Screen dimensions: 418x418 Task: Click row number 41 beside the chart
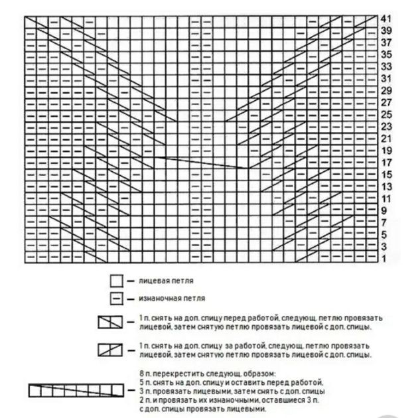[387, 19]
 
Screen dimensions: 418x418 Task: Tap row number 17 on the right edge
[387, 162]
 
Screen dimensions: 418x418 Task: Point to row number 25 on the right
[387, 114]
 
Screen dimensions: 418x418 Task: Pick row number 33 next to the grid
[387, 66]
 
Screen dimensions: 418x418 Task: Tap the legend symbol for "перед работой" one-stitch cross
[109, 323]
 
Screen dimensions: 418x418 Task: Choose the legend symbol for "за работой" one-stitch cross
[109, 350]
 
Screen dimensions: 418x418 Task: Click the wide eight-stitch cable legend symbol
[77, 391]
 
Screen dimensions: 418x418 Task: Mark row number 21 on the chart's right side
[387, 138]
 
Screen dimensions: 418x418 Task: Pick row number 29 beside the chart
[387, 90]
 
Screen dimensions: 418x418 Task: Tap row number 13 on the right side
[387, 186]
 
